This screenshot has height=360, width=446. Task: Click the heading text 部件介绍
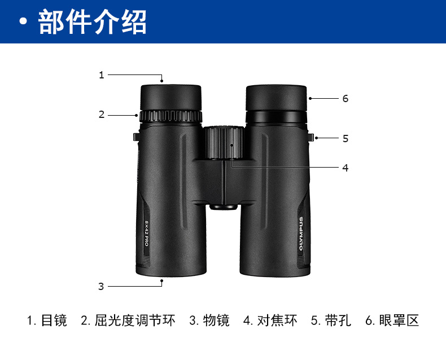tap(92, 22)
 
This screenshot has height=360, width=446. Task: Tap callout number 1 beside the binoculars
tap(102, 75)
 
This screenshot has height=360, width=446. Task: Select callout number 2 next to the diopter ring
tap(102, 115)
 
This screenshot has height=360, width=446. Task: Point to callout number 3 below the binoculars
tap(101, 286)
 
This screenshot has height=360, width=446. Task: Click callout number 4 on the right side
tap(346, 168)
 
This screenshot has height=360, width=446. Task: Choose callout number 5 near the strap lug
tap(346, 138)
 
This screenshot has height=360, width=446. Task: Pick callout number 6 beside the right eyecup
tap(346, 98)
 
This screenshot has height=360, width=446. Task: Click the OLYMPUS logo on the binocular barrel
tap(301, 234)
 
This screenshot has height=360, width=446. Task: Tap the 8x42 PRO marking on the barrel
tap(146, 233)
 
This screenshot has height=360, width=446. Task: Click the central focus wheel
tap(224, 142)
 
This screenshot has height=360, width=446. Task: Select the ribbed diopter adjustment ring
tap(170, 116)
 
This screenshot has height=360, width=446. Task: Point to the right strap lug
tap(311, 137)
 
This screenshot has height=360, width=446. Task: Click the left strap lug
tap(136, 137)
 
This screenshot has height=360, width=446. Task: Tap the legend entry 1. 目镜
tap(47, 321)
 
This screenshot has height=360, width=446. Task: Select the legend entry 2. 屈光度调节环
tap(128, 321)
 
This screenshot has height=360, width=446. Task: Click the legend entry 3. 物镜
tap(209, 321)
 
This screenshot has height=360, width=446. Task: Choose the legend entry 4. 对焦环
tap(270, 321)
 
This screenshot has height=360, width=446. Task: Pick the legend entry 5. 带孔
tap(331, 321)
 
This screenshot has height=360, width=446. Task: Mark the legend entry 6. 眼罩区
tap(392, 321)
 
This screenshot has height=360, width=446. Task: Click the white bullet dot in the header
tap(24, 22)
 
